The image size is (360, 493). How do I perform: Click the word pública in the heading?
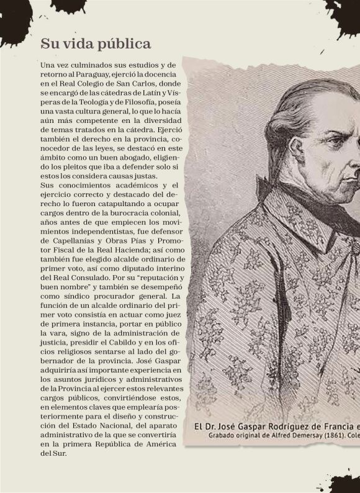point(122,44)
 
